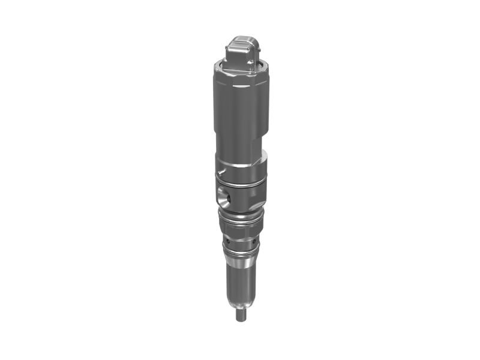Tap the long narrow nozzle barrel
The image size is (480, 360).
(x=240, y=282)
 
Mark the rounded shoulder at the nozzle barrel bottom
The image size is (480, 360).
(x=240, y=303)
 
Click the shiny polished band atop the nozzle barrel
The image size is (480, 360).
(x=240, y=259)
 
